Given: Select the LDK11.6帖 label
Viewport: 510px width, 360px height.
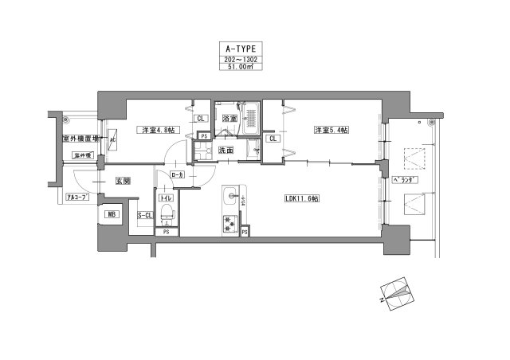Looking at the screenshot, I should point(300,198).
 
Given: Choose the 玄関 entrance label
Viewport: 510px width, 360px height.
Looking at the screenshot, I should point(123,182).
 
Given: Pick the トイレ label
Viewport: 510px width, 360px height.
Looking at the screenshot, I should point(166,198).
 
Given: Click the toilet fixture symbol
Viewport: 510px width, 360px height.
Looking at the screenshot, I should point(167,213).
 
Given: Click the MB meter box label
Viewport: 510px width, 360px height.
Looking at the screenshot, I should point(109,214).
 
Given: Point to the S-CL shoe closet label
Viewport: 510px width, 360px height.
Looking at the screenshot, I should point(145,215).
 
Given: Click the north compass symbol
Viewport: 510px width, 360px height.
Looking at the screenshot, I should point(394,292).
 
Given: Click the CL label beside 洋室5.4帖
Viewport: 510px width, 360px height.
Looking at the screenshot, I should point(273,139).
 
